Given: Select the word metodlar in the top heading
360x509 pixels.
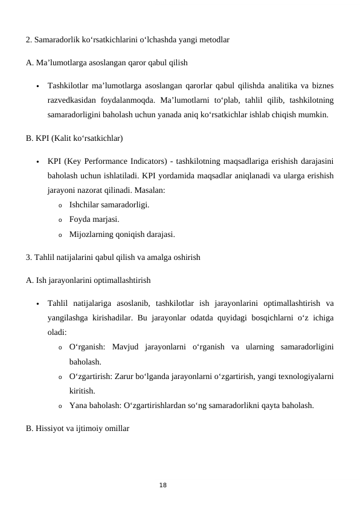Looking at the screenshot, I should point(212,41).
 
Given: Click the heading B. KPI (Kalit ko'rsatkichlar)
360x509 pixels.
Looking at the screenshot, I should point(74,138).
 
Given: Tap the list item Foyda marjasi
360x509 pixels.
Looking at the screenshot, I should point(94,219).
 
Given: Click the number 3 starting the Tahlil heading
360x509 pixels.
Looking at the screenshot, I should point(28,258).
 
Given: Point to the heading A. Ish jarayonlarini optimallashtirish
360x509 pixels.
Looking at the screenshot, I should point(88,280).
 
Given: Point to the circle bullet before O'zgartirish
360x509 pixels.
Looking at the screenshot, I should point(60,377).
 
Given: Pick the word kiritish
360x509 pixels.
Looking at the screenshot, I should point(83,391).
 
